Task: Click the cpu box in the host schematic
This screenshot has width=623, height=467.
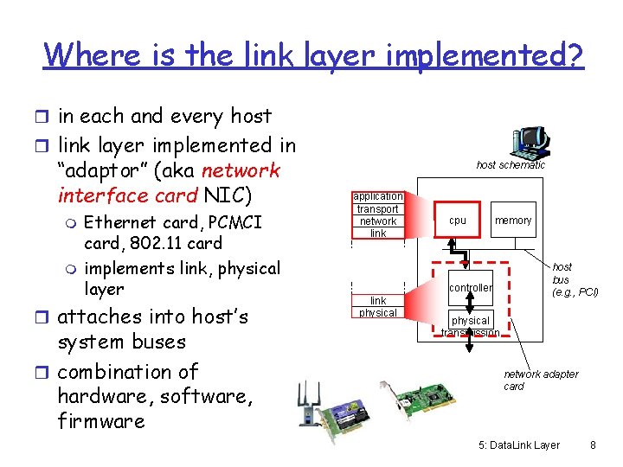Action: (x=458, y=221)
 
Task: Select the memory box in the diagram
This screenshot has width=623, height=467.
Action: (x=513, y=221)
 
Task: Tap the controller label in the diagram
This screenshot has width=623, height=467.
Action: (x=471, y=287)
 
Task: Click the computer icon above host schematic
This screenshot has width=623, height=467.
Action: (x=529, y=141)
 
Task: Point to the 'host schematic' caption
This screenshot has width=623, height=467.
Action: (x=511, y=164)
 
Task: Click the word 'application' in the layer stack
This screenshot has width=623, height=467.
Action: (x=378, y=196)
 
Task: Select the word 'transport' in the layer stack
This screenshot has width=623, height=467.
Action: (x=378, y=208)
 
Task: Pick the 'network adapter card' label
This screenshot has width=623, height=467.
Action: (x=541, y=380)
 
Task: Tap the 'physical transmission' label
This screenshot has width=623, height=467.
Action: (x=471, y=326)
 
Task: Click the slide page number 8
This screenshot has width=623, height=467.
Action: (x=593, y=445)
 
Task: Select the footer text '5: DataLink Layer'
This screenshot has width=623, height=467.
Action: (x=518, y=445)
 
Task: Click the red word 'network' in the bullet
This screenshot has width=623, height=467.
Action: (x=241, y=170)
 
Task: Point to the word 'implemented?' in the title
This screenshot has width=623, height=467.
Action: (x=487, y=55)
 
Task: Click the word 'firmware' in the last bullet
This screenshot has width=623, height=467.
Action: (x=101, y=421)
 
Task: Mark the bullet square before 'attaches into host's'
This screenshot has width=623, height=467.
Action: (x=45, y=317)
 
